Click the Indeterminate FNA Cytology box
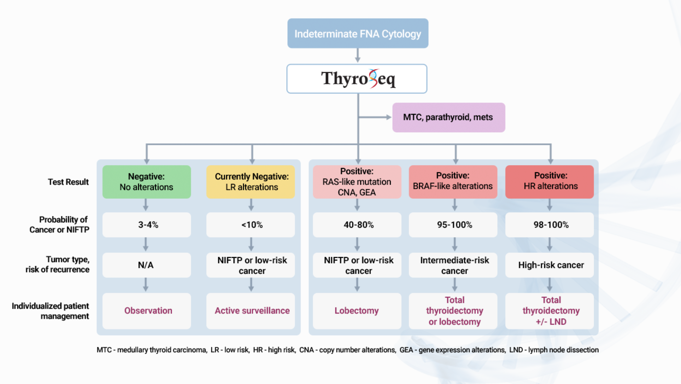click(358, 34)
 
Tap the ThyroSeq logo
click(358, 78)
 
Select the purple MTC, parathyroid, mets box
click(448, 117)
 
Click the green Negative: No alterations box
click(146, 182)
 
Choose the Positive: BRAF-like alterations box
click(453, 181)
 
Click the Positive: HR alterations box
click(550, 181)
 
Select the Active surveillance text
click(252, 311)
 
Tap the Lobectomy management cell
click(357, 311)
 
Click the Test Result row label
click(68, 182)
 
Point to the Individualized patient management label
click(51, 311)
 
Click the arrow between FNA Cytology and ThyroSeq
click(358, 56)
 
